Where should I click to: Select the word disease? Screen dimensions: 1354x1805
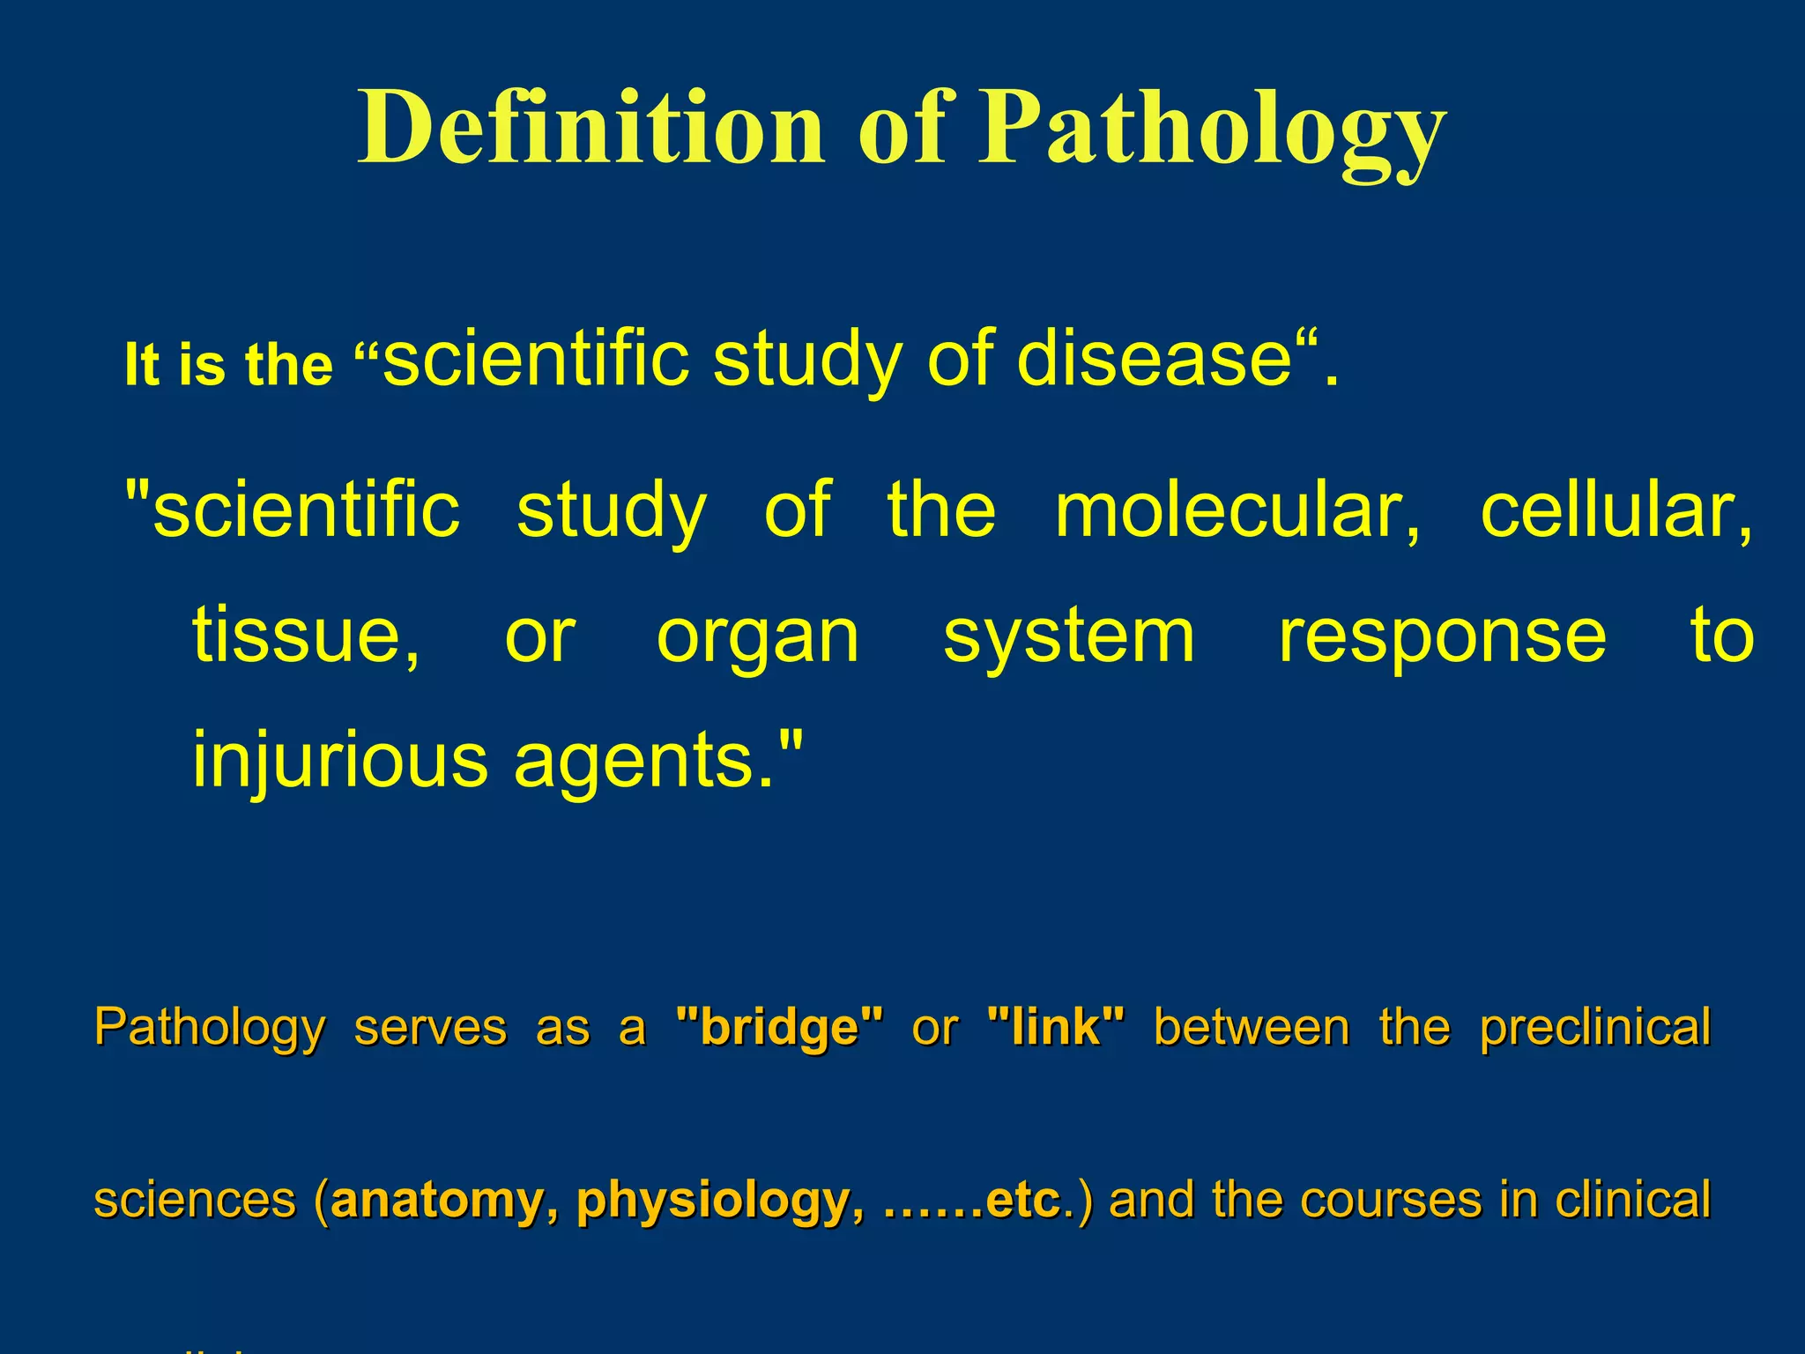coord(1155,360)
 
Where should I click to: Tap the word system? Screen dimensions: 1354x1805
coord(1069,638)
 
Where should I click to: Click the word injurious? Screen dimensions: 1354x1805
coord(339,762)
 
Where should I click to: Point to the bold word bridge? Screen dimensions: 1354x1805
coord(779,1028)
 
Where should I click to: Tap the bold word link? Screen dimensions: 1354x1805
coord(1057,1028)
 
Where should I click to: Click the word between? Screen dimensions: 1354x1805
coord(1252,1028)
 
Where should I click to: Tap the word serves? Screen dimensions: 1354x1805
coord(430,1028)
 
